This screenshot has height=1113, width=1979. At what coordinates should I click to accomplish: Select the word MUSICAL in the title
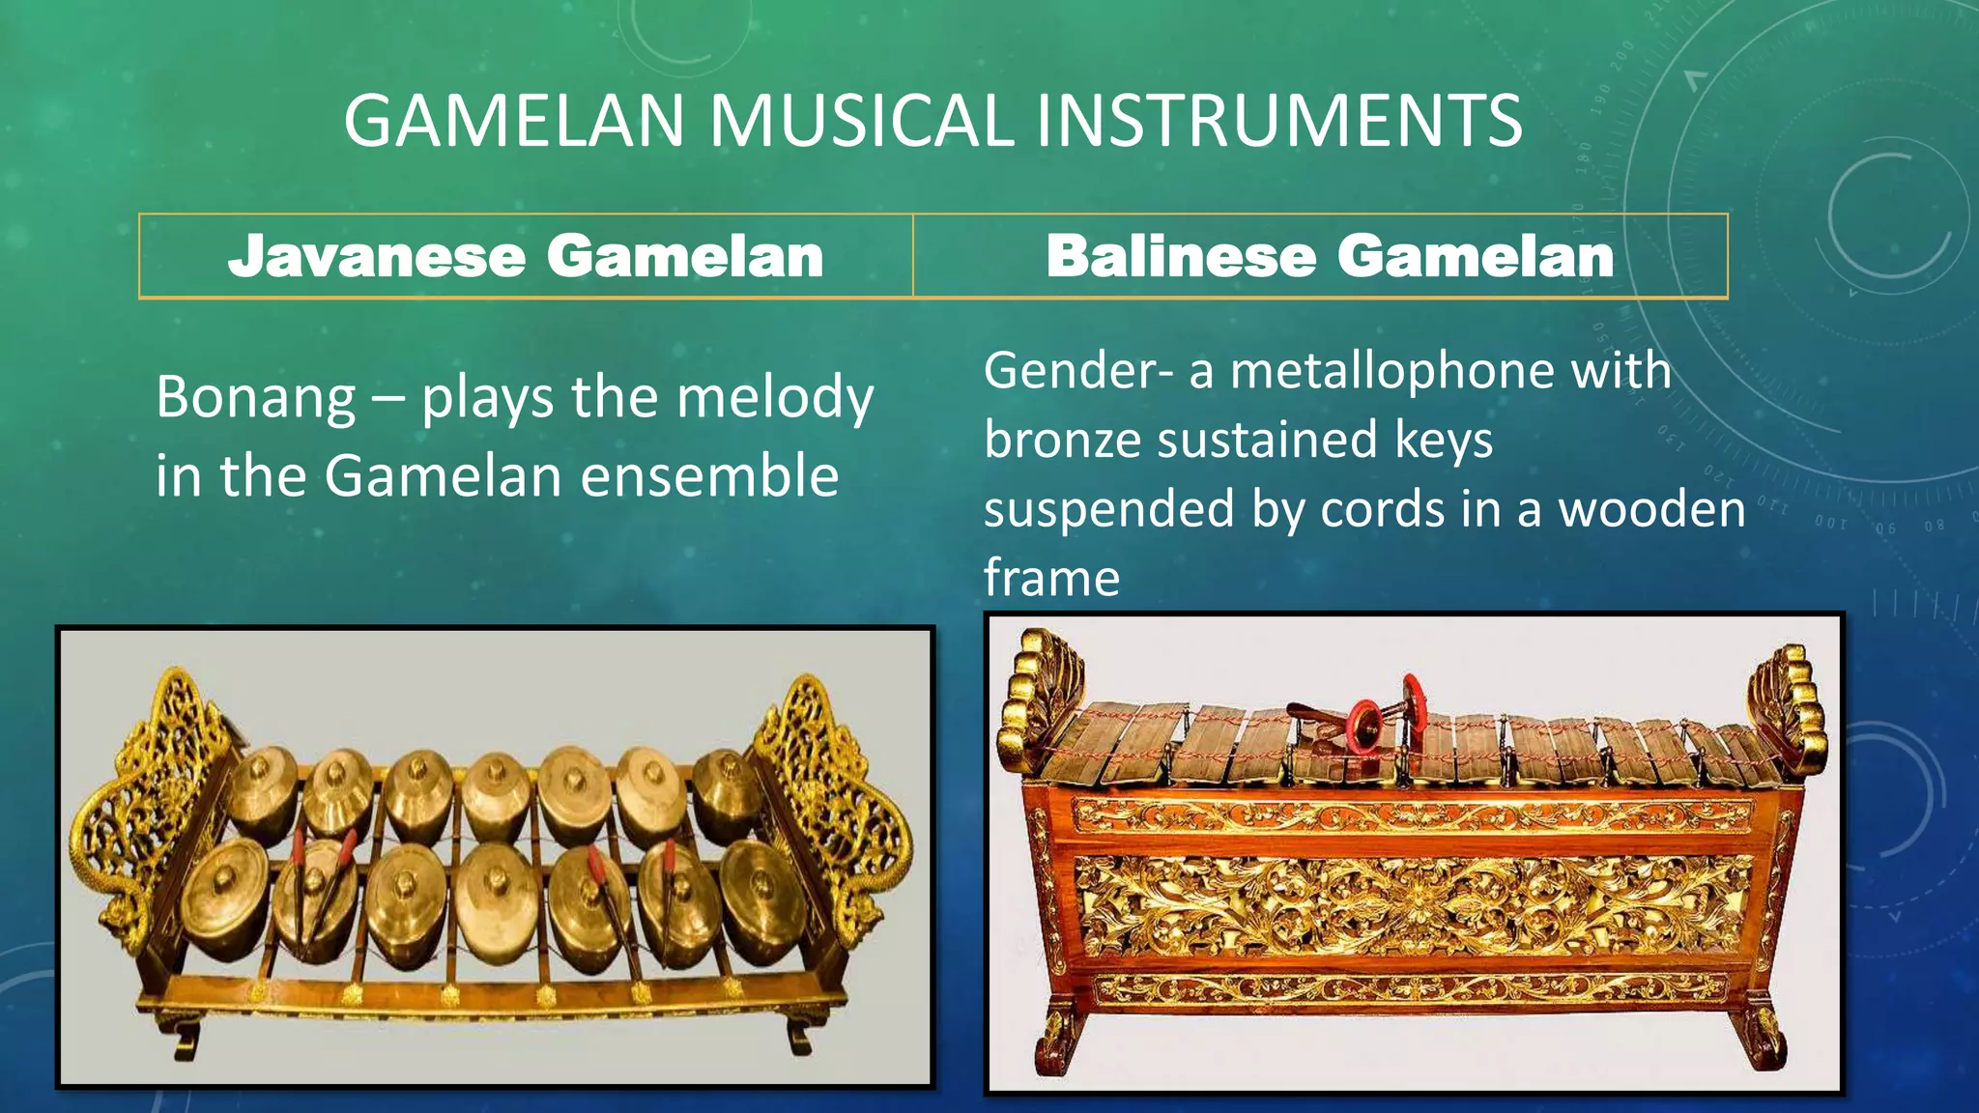coord(861,121)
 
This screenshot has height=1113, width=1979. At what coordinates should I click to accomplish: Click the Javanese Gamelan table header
coord(526,257)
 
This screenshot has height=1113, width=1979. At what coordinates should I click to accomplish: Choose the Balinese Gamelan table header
coord(1330,257)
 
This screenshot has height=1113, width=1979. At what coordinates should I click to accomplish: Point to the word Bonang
coord(255,397)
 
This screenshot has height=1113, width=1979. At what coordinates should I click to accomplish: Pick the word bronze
coord(1063,441)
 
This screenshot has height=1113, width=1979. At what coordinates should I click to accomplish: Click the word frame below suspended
coord(1051,578)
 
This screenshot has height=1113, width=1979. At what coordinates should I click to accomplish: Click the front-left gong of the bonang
coord(224,894)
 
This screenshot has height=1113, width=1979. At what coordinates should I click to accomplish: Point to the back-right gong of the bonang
coord(727,792)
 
